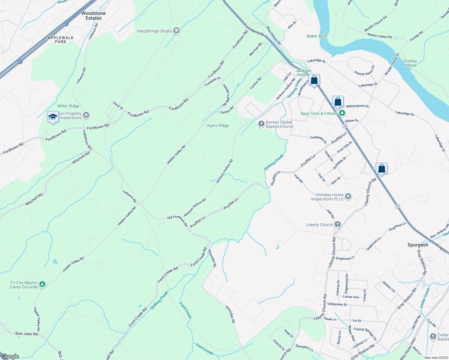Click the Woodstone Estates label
(93, 16)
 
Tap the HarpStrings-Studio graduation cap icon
(176, 31)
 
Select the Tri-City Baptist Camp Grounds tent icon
(42, 284)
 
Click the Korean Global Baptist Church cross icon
(261, 124)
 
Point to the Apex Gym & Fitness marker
(342, 113)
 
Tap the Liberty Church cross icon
(338, 224)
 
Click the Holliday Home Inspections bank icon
(348, 196)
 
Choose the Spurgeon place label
(418, 245)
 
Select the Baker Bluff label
(317, 36)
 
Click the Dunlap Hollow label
(410, 63)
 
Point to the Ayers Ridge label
(218, 125)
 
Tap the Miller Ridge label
(68, 106)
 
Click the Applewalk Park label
(61, 40)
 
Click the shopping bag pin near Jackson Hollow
(314, 80)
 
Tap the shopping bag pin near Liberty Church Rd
(381, 169)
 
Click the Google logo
(10, 356)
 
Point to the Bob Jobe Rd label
(26, 334)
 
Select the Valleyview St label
(337, 304)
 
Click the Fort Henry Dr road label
(254, 30)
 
